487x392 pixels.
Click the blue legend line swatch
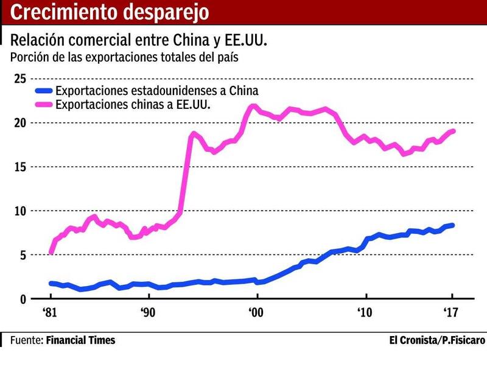43,91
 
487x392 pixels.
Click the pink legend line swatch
43,105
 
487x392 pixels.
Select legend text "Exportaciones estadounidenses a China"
157,91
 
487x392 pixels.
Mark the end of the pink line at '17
453,131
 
